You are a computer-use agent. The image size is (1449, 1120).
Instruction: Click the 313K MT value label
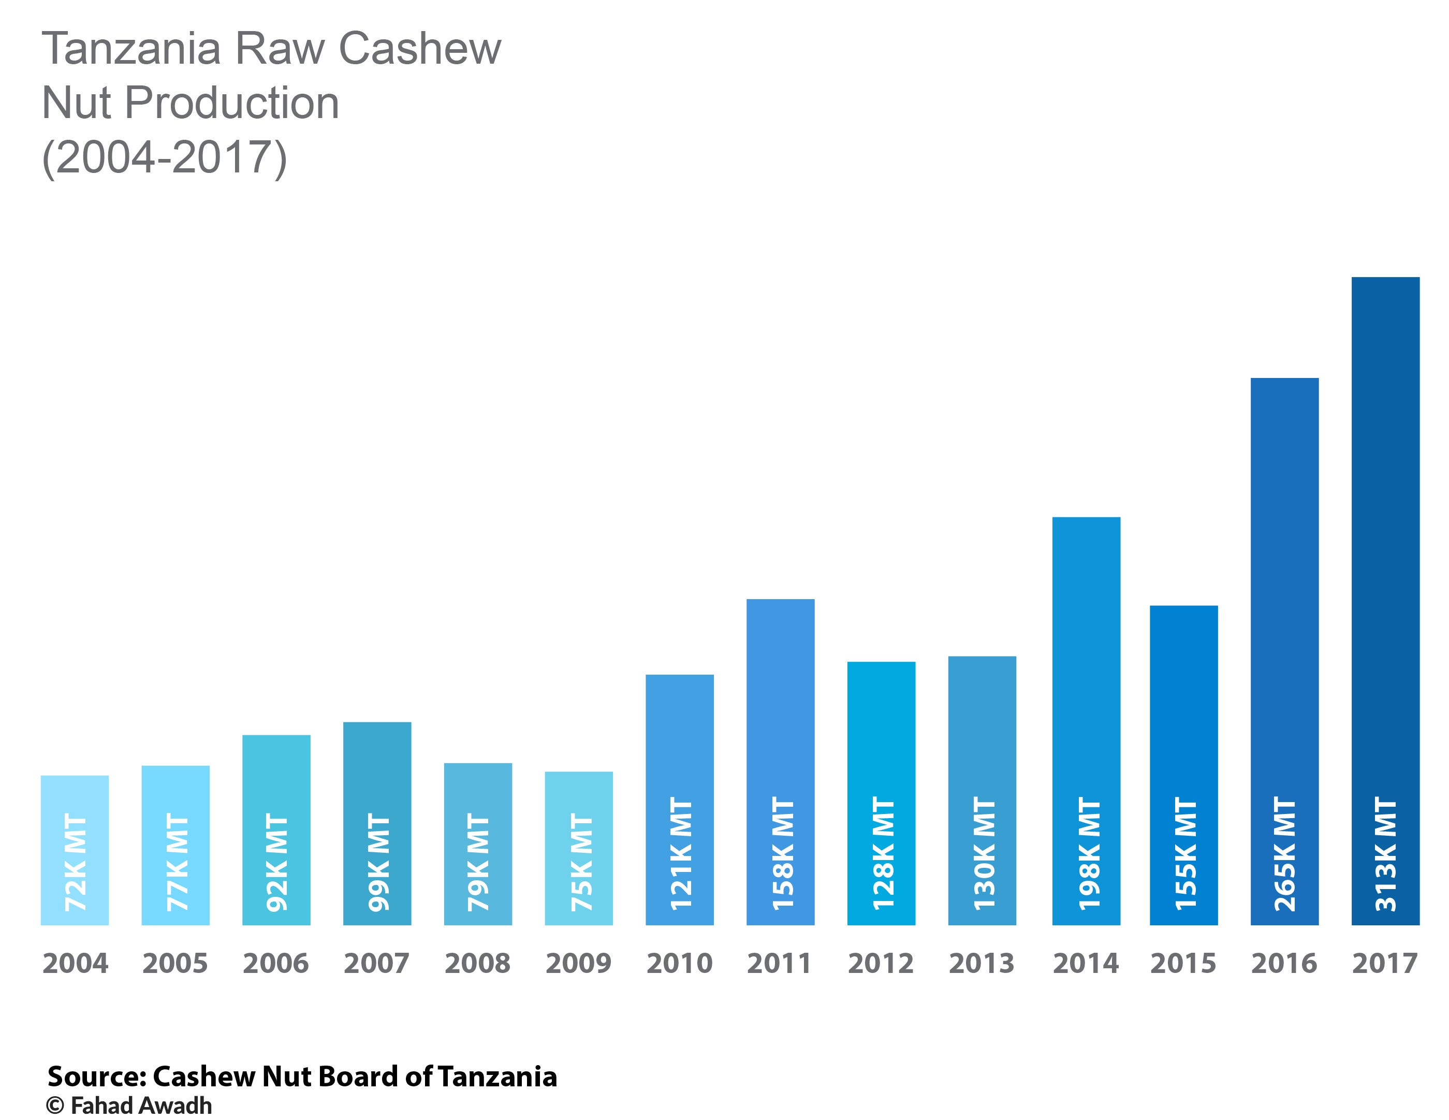coord(1386,854)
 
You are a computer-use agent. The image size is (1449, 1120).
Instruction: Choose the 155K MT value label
coord(1185,854)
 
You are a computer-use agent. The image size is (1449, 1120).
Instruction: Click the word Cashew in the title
coord(420,49)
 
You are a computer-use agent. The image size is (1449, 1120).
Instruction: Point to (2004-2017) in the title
coord(164,157)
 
